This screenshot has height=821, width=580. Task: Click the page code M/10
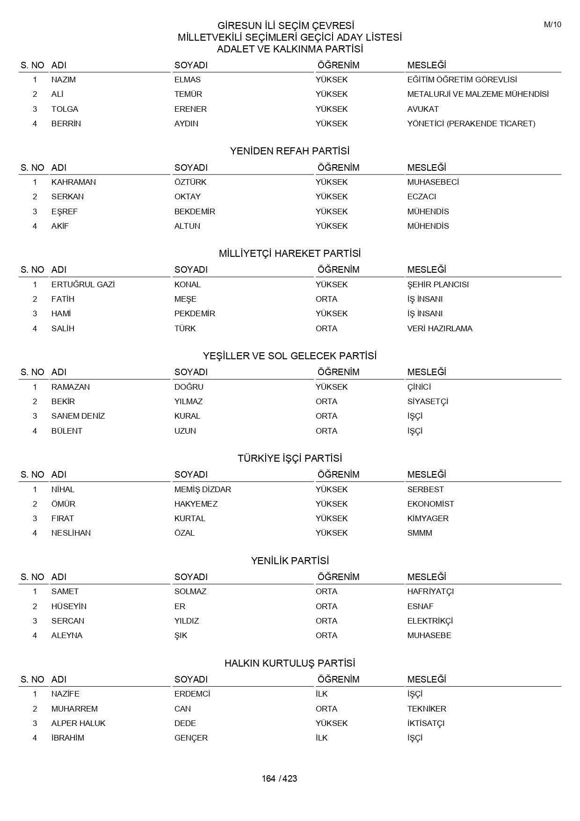click(552, 25)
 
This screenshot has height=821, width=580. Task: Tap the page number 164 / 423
click(279, 778)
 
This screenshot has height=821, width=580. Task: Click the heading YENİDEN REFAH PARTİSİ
click(290, 151)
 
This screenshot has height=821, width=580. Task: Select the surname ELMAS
click(187, 80)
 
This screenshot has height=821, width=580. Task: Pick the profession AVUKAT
click(423, 109)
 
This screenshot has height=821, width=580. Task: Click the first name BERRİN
click(66, 124)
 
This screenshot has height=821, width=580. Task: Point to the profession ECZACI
click(421, 196)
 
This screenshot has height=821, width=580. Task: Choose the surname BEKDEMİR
click(195, 211)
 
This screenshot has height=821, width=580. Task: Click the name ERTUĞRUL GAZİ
click(83, 284)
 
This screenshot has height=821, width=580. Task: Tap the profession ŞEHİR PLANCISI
click(438, 284)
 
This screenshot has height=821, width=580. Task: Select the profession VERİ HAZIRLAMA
click(440, 328)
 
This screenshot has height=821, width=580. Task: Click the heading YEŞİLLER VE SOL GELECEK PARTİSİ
click(290, 356)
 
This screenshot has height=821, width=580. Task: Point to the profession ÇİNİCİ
click(419, 387)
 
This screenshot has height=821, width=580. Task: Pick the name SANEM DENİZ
click(78, 416)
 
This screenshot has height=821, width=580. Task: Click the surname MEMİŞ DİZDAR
click(203, 489)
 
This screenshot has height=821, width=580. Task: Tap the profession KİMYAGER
click(428, 518)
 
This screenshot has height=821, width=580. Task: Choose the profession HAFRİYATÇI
click(430, 591)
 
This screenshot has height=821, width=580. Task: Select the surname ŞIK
click(181, 635)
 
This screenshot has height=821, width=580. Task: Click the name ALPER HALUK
click(78, 723)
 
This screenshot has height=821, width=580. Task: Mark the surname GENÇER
click(191, 738)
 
